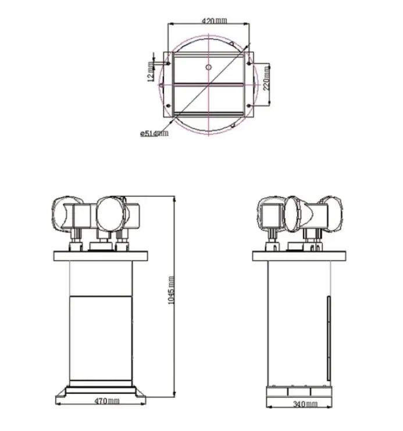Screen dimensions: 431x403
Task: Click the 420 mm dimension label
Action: click(x=214, y=21)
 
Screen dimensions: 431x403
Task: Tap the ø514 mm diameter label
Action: click(x=154, y=133)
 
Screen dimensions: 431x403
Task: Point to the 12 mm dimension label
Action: click(x=151, y=72)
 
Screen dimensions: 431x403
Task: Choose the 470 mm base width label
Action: click(x=107, y=401)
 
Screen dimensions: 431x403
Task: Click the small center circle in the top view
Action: click(x=209, y=67)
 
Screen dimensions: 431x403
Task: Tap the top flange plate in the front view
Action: click(x=102, y=256)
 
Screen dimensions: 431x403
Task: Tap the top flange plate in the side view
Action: click(x=301, y=256)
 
